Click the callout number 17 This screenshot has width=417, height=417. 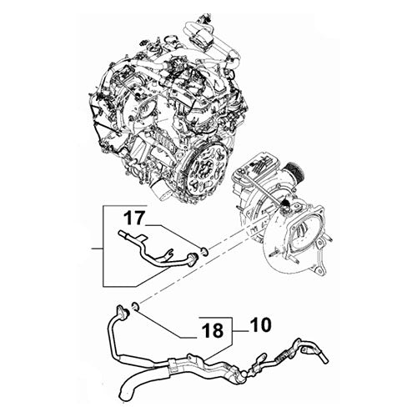pyautogui.click(x=134, y=221)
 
